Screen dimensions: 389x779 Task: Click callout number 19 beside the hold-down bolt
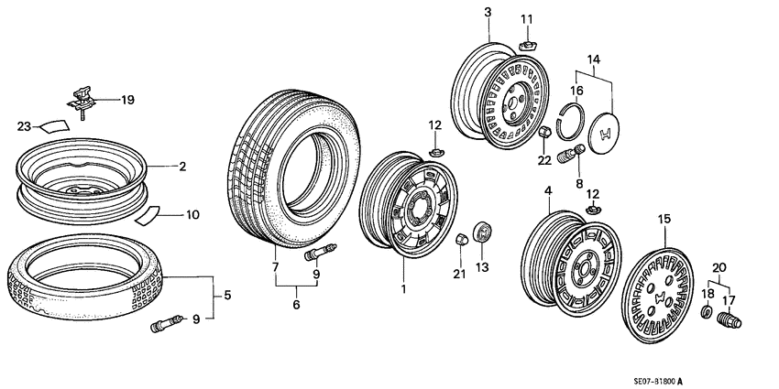(x=127, y=100)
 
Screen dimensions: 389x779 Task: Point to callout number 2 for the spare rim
(x=182, y=167)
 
